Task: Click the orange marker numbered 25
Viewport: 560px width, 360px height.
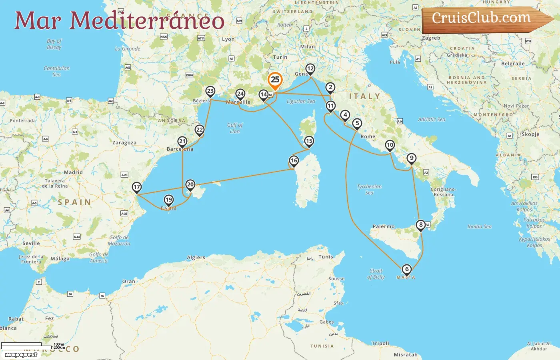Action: pos(275,80)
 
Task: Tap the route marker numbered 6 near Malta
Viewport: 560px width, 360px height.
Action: pos(407,270)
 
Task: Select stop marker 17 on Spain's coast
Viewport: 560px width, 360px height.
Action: pos(137,187)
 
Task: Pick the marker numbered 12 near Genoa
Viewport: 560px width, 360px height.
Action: pos(310,69)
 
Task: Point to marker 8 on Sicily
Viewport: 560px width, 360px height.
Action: pos(420,225)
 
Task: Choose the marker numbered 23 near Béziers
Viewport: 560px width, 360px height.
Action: pos(210,91)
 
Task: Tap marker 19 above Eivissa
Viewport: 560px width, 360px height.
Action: pos(169,200)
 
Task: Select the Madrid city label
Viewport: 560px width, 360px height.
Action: pos(74,172)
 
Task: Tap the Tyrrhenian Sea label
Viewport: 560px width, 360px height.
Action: pos(369,190)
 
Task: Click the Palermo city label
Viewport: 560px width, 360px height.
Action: pos(384,226)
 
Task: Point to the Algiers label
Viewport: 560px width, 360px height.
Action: pos(196,258)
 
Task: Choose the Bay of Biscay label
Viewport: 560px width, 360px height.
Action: pos(54,44)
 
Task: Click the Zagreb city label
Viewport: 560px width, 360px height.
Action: pos(431,38)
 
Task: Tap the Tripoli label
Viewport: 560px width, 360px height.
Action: pos(380,343)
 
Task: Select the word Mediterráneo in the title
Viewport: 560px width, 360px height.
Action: pos(147,21)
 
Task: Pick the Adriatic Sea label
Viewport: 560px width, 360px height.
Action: pos(431,119)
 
